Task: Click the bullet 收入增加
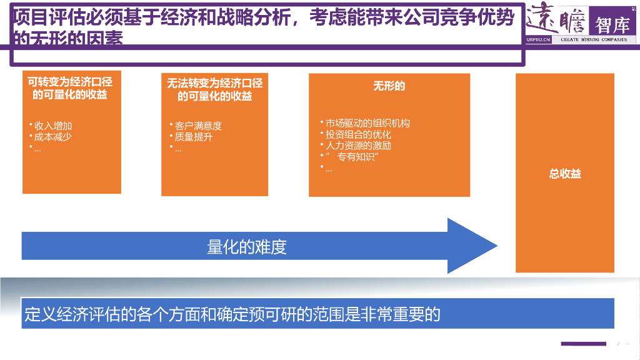click(53, 126)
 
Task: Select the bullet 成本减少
click(53, 137)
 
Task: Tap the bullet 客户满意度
click(198, 126)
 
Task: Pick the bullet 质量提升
click(194, 137)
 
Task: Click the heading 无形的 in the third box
click(389, 86)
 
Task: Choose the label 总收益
click(565, 174)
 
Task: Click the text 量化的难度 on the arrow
click(247, 247)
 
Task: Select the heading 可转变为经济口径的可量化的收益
click(70, 88)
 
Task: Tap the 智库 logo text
click(612, 25)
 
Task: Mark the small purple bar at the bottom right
click(583, 344)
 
